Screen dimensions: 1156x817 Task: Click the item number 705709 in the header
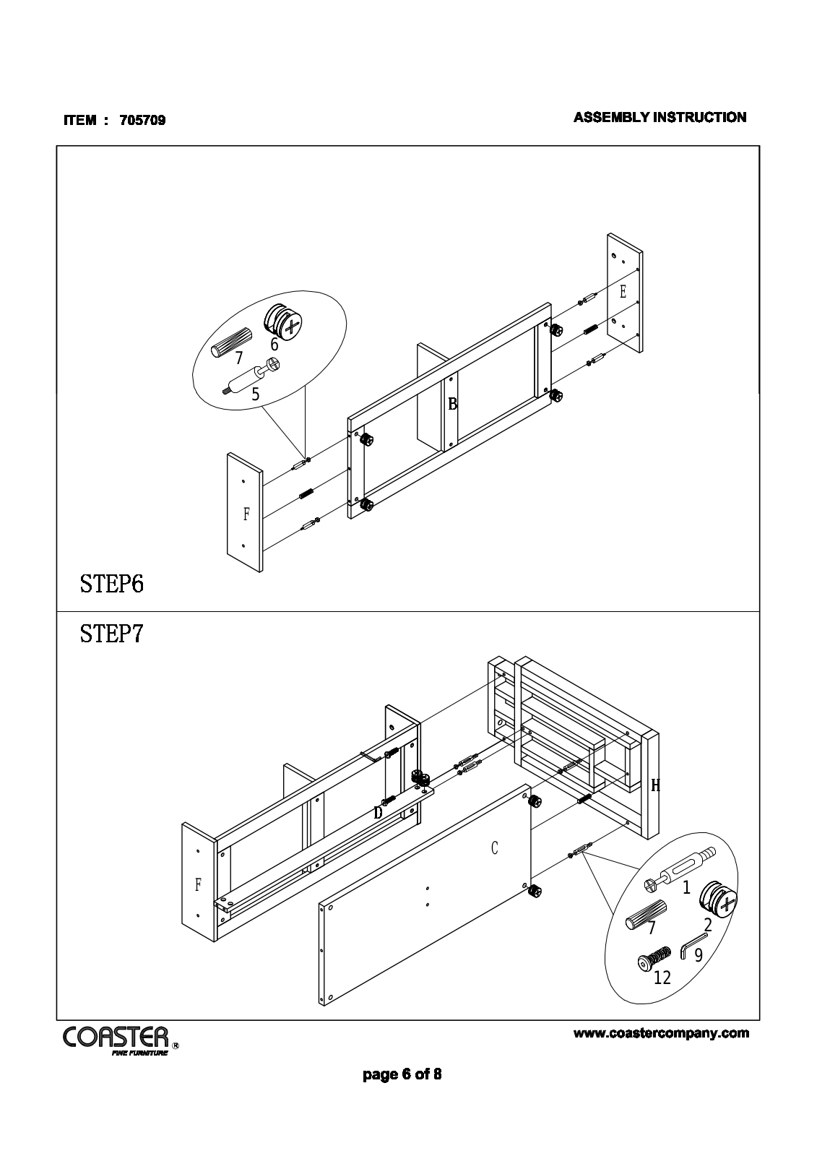[142, 121]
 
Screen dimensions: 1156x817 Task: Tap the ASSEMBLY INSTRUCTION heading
[660, 117]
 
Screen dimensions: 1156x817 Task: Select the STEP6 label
[112, 583]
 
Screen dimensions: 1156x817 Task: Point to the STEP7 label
[112, 634]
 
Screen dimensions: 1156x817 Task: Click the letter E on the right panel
[623, 292]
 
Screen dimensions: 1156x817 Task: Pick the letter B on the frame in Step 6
[453, 404]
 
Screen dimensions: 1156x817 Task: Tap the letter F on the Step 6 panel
[246, 514]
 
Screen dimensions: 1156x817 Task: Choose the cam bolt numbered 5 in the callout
[253, 376]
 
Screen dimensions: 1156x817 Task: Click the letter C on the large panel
[495, 847]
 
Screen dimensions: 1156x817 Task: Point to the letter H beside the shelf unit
[655, 785]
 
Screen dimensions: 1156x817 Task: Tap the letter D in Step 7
[378, 813]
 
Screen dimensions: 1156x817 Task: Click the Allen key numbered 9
[693, 944]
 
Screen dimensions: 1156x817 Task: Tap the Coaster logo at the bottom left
[116, 1038]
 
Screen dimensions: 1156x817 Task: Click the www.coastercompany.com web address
[661, 1033]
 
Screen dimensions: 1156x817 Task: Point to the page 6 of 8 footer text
[402, 1074]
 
